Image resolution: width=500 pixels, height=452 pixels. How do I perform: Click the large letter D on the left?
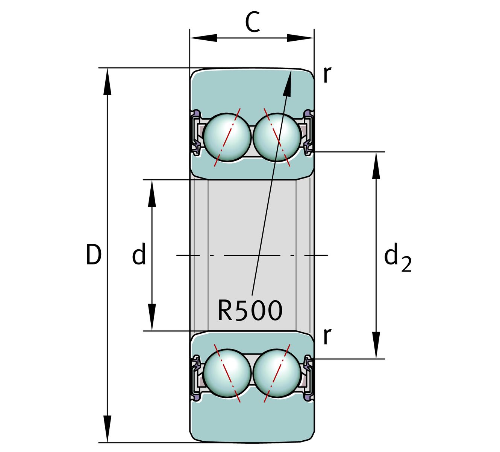click(x=93, y=255)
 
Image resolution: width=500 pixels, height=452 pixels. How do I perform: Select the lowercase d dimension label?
click(x=139, y=255)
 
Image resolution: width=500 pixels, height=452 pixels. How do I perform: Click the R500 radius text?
click(x=250, y=311)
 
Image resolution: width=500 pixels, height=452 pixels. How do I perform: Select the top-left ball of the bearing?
click(x=227, y=137)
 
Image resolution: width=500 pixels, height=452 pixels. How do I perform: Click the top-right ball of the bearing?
click(x=277, y=137)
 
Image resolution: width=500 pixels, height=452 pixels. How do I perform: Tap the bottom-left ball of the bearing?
click(x=227, y=373)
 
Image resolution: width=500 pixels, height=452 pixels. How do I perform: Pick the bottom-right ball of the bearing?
click(x=277, y=373)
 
